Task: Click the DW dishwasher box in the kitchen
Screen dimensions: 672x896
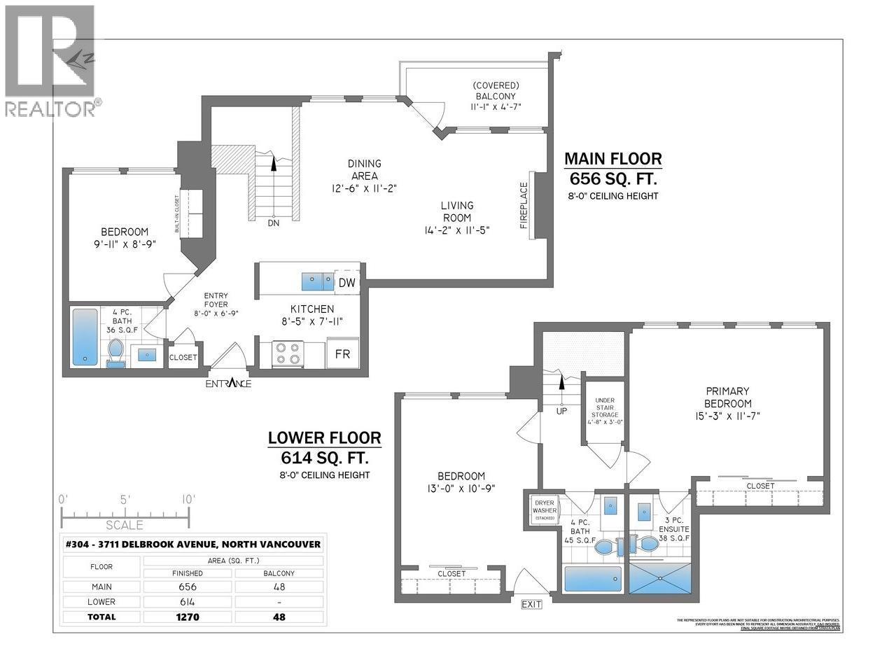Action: [x=346, y=282]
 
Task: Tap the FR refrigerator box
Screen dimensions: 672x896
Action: [x=342, y=353]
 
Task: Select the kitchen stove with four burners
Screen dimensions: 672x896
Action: [x=288, y=353]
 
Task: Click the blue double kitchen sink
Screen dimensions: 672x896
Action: [x=318, y=281]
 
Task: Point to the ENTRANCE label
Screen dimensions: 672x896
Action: [x=228, y=384]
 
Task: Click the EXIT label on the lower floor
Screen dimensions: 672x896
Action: [x=532, y=604]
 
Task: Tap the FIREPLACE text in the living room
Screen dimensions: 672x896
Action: [x=523, y=206]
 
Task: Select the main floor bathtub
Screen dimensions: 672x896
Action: [x=85, y=337]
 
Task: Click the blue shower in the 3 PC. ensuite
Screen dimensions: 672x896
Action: [x=660, y=580]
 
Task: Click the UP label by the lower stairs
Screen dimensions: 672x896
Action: [x=561, y=412]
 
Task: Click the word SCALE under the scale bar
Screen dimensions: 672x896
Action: [x=125, y=525]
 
